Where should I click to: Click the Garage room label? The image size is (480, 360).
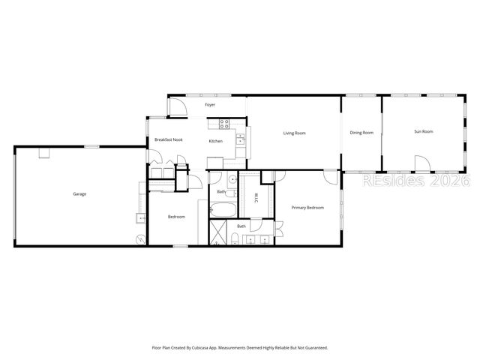coord(79,194)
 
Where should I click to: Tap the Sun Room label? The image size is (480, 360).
coord(424,132)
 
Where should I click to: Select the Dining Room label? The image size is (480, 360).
coord(361,133)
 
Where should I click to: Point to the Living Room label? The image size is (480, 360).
coord(294,133)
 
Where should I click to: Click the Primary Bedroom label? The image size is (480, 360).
coord(307,208)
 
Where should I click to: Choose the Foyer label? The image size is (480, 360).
coord(211,105)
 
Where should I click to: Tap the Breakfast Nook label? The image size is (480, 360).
coord(169,140)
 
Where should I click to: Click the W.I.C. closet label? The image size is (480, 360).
coord(255,198)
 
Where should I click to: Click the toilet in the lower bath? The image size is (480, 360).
coord(235,240)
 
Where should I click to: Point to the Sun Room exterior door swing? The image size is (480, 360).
coord(423,163)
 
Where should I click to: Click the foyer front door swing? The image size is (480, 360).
coord(175,105)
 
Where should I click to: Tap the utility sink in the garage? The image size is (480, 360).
coord(140,218)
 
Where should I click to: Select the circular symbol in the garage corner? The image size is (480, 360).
coord(140,239)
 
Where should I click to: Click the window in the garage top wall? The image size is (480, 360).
coord(92,146)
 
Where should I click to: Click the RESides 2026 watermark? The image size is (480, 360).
coord(415,181)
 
